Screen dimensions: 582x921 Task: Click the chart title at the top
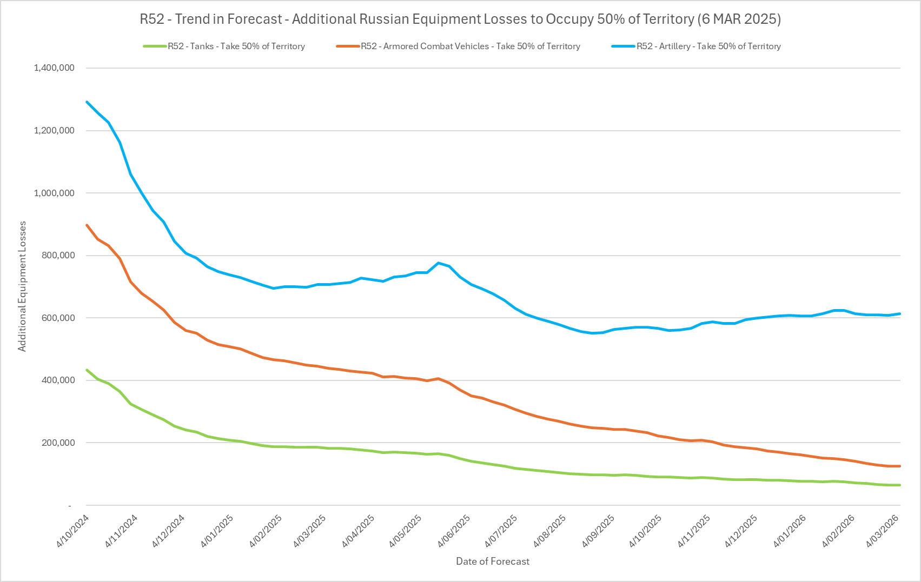[x=460, y=19]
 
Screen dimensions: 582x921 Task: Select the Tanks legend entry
[x=236, y=46]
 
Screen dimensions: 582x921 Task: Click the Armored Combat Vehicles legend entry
[x=471, y=46]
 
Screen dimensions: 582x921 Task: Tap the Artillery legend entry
[x=708, y=46]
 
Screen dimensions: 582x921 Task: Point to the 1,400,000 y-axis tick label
[x=54, y=68]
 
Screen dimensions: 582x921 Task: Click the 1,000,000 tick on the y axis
[x=54, y=193]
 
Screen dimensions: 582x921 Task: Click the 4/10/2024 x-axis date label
[x=73, y=531]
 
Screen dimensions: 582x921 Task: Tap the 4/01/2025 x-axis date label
[x=217, y=531]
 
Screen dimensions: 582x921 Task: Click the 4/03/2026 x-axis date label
[x=883, y=531]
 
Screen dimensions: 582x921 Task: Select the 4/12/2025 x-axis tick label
[x=741, y=531]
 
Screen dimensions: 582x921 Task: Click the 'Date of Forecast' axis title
[x=493, y=561]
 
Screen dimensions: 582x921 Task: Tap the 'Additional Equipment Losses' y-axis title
[x=22, y=286]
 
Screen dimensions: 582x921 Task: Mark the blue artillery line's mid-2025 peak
[x=438, y=263]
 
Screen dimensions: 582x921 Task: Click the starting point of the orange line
[x=87, y=225]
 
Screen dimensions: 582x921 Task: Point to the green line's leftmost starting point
[x=87, y=370]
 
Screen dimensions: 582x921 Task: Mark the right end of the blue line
[x=899, y=313]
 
